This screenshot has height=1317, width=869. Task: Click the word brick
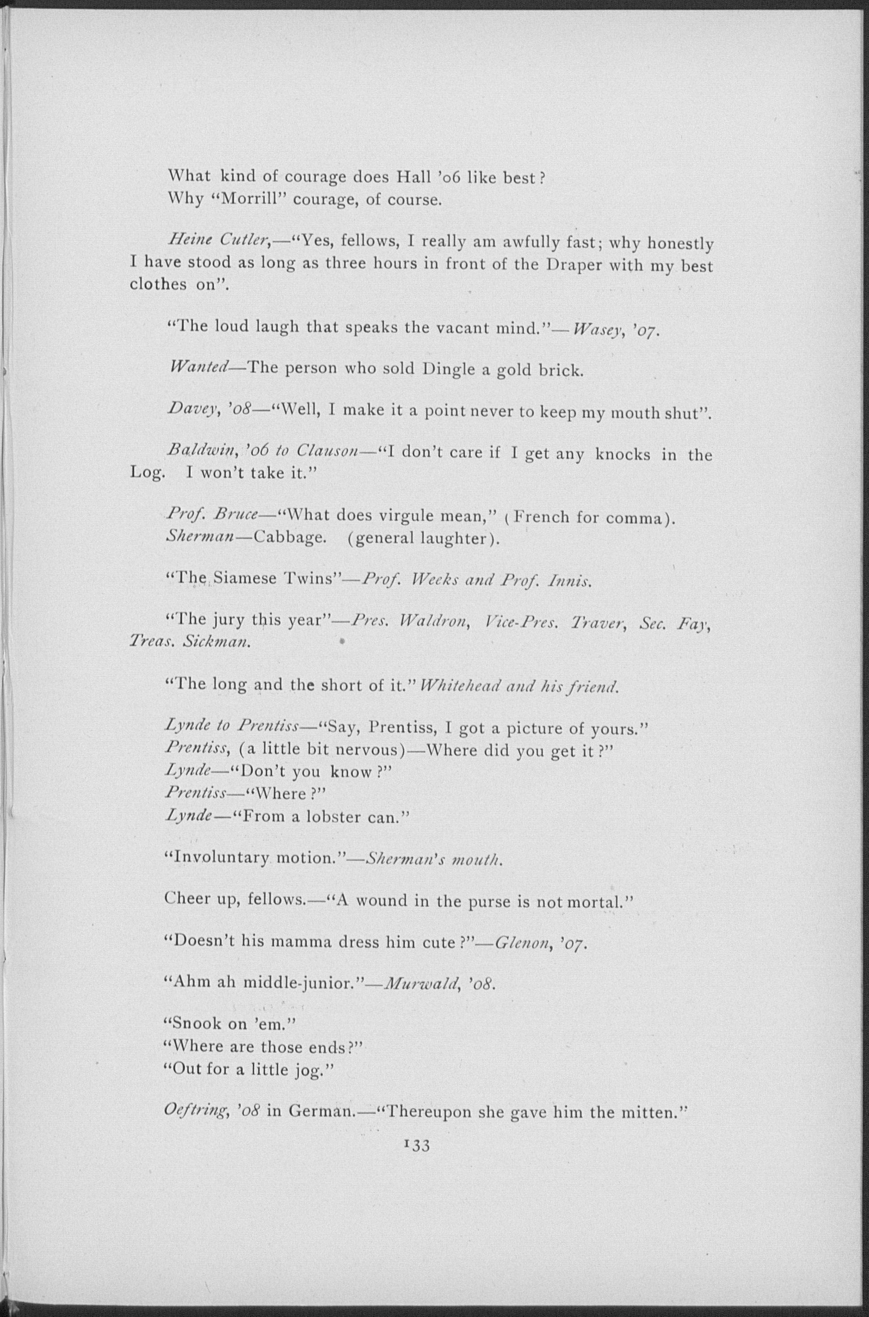(x=561, y=370)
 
